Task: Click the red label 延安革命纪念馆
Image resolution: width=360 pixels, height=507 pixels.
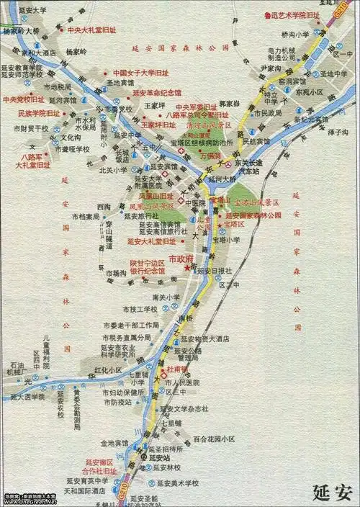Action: pyautogui.click(x=157, y=93)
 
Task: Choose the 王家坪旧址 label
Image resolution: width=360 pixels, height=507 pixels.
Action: pyautogui.click(x=158, y=125)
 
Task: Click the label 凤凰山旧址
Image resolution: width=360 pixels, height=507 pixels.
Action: pyautogui.click(x=156, y=195)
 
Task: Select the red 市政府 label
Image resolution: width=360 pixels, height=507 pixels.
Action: pyautogui.click(x=181, y=259)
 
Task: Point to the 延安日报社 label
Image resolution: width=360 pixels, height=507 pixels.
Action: pyautogui.click(x=215, y=270)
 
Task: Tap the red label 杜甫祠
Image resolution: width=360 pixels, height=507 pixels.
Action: pyautogui.click(x=176, y=369)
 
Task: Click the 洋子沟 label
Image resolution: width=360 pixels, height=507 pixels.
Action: pyautogui.click(x=338, y=133)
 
